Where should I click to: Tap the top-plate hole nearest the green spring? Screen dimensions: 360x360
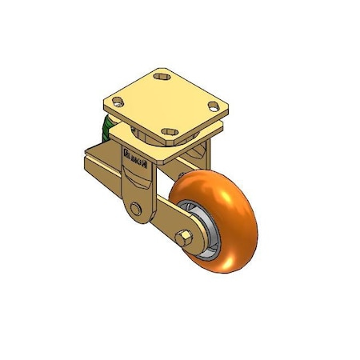pyautogui.click(x=119, y=102)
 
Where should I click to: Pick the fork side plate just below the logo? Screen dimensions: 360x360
pyautogui.click(x=136, y=180)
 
